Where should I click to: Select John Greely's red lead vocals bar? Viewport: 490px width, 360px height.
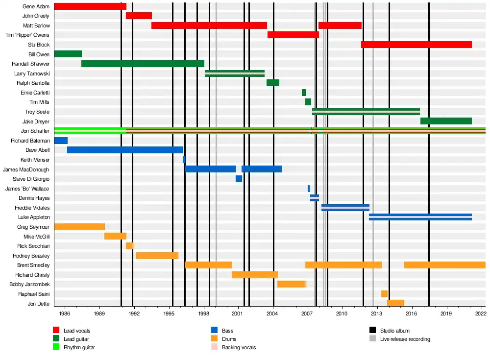[139, 16]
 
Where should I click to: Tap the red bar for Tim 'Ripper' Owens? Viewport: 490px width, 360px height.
[293, 35]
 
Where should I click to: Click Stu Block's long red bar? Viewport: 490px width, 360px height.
[416, 45]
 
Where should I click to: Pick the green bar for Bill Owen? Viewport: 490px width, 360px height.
[68, 54]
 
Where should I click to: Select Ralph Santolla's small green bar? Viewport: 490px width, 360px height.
[273, 83]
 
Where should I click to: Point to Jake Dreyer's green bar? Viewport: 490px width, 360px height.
[446, 121]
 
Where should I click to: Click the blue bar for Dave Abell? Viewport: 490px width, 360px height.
[125, 150]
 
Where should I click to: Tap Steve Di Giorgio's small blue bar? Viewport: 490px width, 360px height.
[239, 179]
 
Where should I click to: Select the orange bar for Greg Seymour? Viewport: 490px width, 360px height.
[79, 227]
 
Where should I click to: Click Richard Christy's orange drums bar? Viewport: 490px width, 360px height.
[255, 275]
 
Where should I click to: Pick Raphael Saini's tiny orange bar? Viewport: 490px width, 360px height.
[384, 294]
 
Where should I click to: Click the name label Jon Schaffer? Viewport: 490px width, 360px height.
[35, 131]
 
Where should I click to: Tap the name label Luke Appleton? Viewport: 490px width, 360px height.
[34, 217]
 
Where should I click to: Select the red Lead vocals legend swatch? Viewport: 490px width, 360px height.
[56, 331]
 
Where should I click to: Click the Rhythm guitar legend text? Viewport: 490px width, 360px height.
[79, 347]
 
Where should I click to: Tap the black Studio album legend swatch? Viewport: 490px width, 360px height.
[373, 331]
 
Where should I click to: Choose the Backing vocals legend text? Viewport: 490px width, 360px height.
[239, 347]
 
